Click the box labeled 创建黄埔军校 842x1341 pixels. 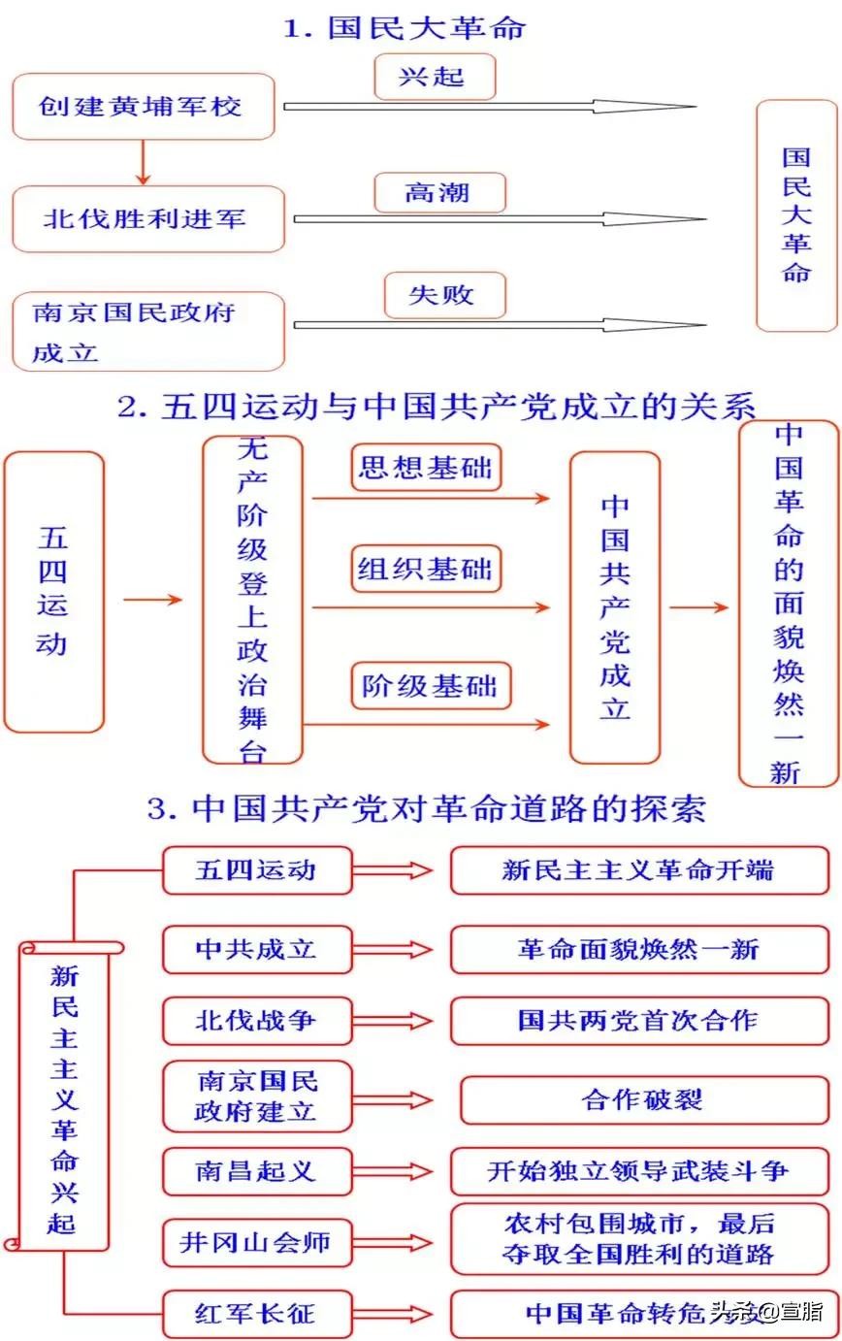[x=143, y=107]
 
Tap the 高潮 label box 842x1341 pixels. [x=439, y=193]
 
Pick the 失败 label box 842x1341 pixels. [x=444, y=295]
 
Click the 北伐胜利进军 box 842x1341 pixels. [x=147, y=218]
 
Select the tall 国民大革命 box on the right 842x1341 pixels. [x=796, y=214]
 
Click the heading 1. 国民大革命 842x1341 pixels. [x=405, y=27]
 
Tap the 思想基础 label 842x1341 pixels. [x=425, y=469]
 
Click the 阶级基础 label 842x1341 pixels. [x=429, y=686]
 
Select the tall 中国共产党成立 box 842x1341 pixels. [x=615, y=607]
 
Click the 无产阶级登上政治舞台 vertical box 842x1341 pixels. [x=252, y=600]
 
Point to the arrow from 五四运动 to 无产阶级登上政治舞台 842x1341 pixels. [x=152, y=600]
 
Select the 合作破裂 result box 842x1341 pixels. [x=642, y=1099]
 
